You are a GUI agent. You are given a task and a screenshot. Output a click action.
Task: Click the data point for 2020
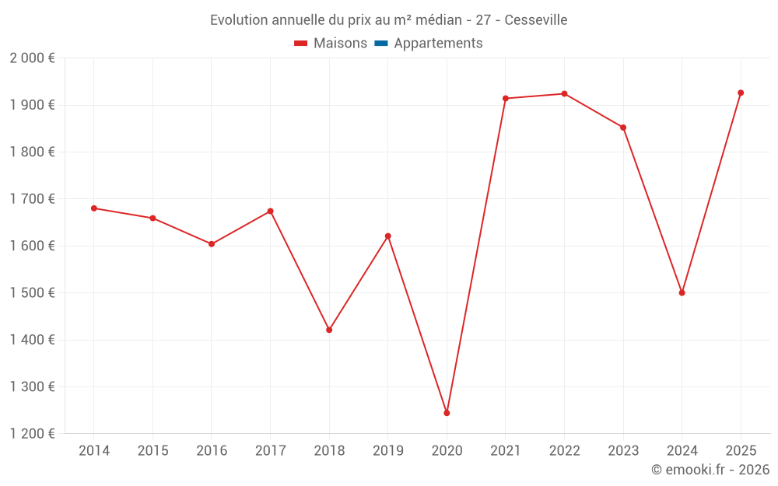point(447,413)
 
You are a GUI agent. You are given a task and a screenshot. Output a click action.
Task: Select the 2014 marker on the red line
point(94,208)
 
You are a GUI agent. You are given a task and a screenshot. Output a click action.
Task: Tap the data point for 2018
point(329,330)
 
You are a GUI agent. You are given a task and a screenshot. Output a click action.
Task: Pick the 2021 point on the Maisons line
point(506,99)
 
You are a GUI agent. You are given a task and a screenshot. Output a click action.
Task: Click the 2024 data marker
point(682,293)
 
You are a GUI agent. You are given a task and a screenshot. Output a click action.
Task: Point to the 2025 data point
point(741,93)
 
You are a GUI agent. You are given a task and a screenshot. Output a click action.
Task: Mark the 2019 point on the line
point(387,236)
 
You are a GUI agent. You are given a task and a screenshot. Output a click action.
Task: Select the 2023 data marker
point(623,128)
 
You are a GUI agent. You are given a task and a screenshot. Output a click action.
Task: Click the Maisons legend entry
point(331,44)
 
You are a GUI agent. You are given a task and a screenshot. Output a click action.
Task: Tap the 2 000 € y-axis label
point(33,58)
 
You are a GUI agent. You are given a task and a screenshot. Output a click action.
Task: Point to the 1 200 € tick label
point(33,434)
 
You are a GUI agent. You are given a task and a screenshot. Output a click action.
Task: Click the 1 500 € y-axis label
point(33,293)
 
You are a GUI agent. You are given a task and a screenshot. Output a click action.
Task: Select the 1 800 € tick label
point(33,152)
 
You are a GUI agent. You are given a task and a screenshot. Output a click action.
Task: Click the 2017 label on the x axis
point(270,451)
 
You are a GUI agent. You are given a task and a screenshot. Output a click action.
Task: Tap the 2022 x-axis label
point(564,451)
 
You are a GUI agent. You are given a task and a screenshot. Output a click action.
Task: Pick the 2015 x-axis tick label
point(152,451)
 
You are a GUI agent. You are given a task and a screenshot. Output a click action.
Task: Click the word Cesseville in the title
point(536,19)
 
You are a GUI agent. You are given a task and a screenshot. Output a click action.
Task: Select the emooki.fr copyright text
point(710,470)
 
